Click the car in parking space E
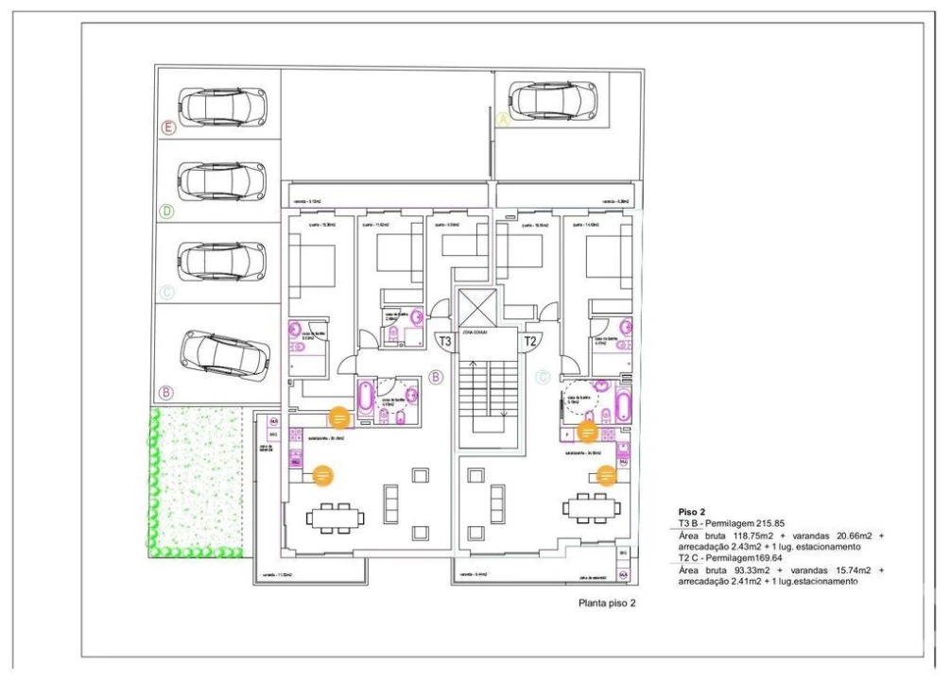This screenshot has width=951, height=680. click(x=221, y=106)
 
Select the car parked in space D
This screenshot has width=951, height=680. click(x=221, y=179)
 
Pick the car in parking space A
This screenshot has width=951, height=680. click(x=552, y=98)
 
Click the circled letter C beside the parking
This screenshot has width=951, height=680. click(x=166, y=293)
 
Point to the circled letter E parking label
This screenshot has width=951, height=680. click(x=168, y=127)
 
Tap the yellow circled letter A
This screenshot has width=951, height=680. click(x=504, y=120)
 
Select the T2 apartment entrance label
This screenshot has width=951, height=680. click(x=530, y=342)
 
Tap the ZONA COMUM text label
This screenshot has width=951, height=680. click(x=474, y=333)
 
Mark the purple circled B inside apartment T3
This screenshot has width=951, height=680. click(x=436, y=378)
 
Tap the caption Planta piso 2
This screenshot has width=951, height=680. click(x=607, y=603)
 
